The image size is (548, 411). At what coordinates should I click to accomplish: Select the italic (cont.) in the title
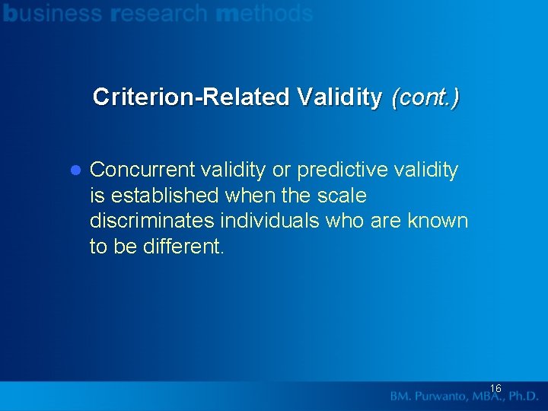[425, 97]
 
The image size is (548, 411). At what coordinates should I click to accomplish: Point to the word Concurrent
[142, 170]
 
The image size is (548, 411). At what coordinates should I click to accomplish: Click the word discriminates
[152, 221]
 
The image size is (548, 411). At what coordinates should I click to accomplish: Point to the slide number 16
[495, 388]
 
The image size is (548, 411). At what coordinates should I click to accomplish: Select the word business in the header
[53, 13]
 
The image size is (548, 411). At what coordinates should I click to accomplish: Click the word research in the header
[158, 13]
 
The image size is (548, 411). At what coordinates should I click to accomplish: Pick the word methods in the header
[264, 13]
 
